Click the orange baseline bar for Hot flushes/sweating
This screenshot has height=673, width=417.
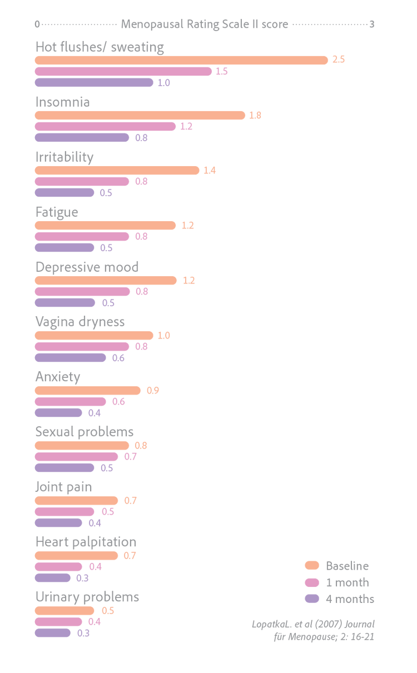(181, 60)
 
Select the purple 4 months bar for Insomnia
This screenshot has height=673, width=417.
(82, 138)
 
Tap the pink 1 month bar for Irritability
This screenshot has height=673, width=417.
(82, 182)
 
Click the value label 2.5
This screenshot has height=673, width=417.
(339, 59)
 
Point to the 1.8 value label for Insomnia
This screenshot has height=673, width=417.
(255, 116)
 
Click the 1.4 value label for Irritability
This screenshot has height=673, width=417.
(210, 171)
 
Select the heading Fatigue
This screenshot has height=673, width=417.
(57, 212)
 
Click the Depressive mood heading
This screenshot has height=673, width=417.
(87, 267)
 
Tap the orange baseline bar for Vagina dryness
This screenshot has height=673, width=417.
(94, 335)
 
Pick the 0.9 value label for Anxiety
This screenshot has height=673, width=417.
(153, 390)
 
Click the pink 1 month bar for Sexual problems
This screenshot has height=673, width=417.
(76, 457)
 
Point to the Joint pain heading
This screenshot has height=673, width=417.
(64, 487)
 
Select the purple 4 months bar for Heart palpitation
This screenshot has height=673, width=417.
(53, 578)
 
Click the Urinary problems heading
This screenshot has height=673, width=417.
(87, 597)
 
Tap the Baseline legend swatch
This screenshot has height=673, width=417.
(312, 565)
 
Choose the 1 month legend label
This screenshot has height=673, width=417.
(348, 582)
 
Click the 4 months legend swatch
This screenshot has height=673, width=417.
(312, 599)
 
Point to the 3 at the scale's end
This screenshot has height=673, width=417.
(372, 24)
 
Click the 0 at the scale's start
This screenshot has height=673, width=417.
(37, 24)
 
